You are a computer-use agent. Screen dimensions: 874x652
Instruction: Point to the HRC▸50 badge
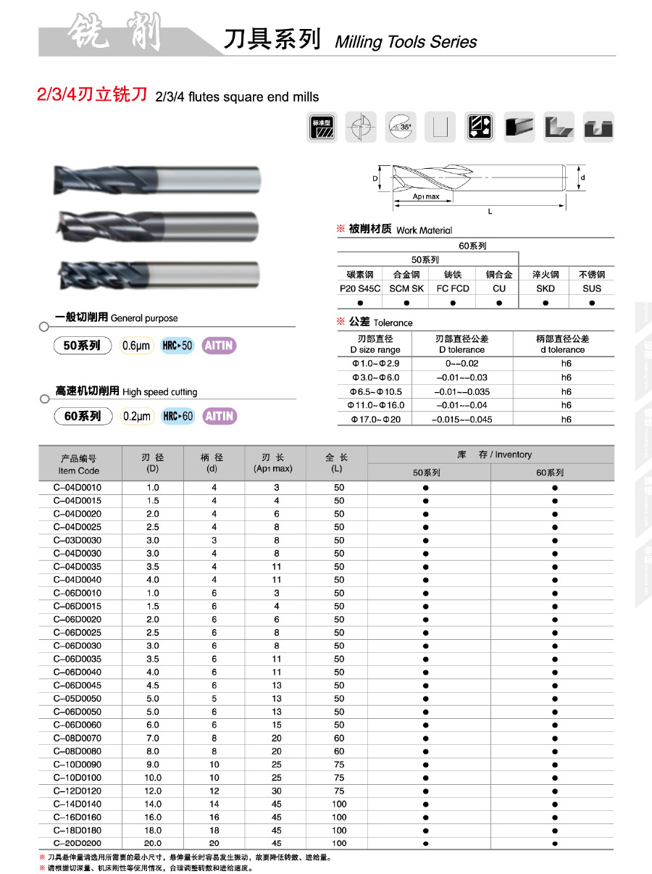(177, 346)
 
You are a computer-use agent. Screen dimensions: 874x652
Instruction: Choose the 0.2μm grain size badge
(137, 416)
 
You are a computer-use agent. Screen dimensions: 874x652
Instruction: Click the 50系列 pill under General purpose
(82, 346)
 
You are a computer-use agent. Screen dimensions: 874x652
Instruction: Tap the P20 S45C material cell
(360, 288)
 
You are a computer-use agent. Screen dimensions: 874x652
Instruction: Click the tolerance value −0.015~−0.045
(462, 419)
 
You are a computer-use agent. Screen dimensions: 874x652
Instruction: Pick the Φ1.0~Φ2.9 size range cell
(375, 364)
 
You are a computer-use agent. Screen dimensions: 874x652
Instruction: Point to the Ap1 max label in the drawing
(426, 196)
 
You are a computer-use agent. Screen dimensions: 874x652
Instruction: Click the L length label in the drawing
(490, 211)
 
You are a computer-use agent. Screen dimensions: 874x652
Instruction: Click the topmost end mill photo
(156, 179)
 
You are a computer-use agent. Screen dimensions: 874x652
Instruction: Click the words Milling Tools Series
(406, 42)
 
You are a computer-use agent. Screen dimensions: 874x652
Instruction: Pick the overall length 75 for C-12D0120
(339, 791)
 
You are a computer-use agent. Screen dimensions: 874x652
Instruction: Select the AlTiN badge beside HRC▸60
(220, 416)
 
